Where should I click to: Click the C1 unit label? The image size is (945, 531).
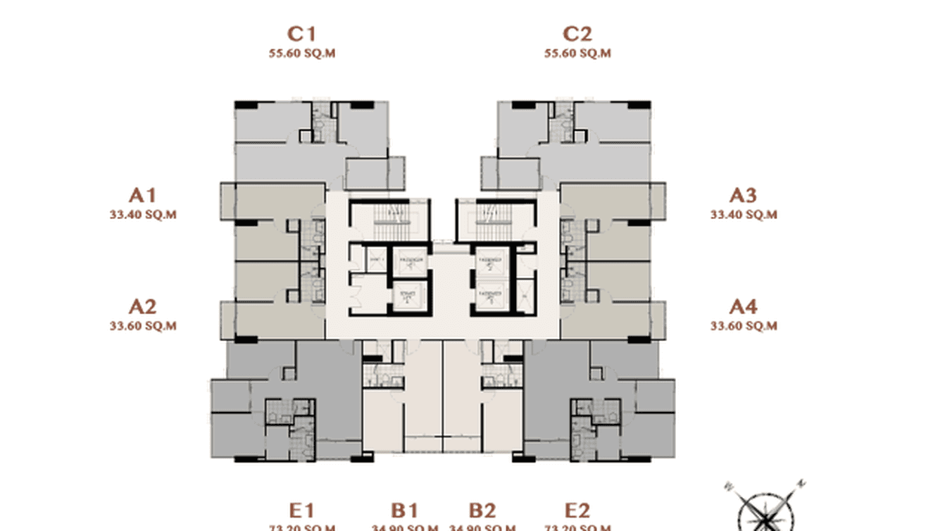(301, 34)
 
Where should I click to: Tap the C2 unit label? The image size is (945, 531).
(577, 34)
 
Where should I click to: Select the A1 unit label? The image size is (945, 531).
(142, 195)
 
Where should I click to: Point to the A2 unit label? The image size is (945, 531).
(142, 306)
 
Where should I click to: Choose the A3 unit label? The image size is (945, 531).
(743, 195)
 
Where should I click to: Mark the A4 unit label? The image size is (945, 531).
(743, 306)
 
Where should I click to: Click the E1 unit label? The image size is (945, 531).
(301, 511)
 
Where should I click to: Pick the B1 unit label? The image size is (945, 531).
(405, 511)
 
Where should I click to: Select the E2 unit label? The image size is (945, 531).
(577, 511)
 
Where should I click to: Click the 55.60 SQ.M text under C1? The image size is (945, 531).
(301, 54)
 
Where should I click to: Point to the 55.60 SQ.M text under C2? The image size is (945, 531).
(577, 54)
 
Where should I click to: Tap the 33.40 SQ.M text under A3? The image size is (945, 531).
(744, 215)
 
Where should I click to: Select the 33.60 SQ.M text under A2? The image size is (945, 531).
(142, 326)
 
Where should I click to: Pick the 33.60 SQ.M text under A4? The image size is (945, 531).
(744, 326)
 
